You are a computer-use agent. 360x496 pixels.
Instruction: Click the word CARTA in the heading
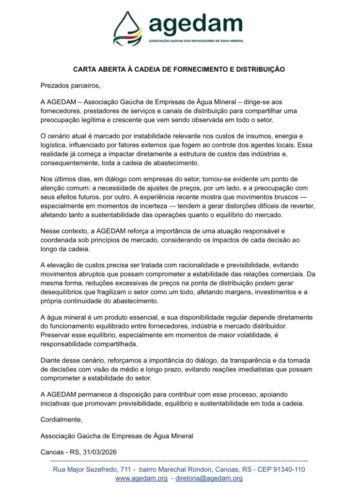(x=83, y=69)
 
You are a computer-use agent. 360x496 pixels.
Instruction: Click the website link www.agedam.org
(x=141, y=478)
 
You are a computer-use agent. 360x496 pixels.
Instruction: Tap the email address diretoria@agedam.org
(x=209, y=478)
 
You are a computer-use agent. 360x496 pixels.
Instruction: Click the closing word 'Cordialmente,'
(x=62, y=419)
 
